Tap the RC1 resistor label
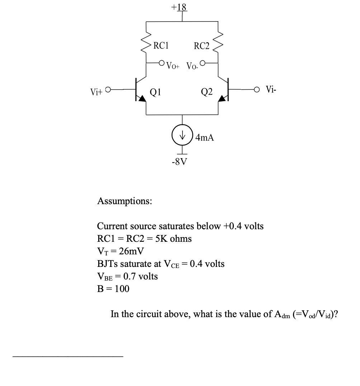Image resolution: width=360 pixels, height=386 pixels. coord(161,46)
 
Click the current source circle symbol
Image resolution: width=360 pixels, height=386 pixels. coord(183,136)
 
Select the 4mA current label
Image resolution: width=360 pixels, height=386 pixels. coord(205,137)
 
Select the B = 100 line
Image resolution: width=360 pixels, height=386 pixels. coord(113,289)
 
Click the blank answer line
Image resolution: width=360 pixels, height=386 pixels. coord(68,356)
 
